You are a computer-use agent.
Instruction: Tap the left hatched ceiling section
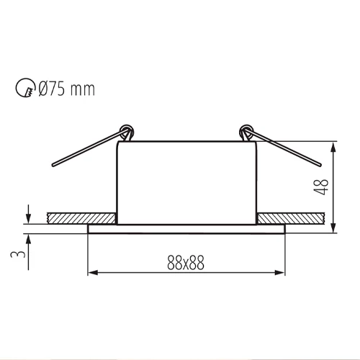[80, 217]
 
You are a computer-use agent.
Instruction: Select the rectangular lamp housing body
[186, 180]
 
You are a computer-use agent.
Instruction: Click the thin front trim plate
[186, 228]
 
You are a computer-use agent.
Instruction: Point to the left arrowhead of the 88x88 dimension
[91, 273]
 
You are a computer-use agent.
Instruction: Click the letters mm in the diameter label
[84, 90]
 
